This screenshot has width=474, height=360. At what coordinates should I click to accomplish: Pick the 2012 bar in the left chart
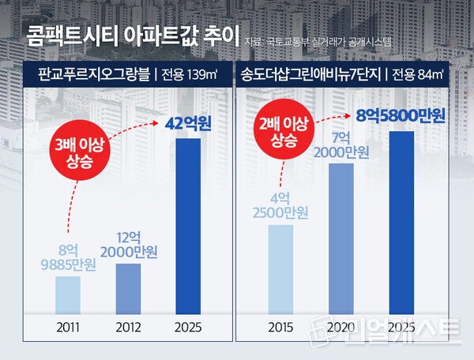click(x=129, y=287)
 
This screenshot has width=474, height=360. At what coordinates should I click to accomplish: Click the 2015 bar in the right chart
click(x=281, y=268)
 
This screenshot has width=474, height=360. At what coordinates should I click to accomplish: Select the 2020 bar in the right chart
click(x=341, y=238)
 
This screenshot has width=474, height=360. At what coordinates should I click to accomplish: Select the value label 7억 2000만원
click(x=341, y=144)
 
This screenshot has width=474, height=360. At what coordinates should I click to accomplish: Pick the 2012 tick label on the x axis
click(x=129, y=325)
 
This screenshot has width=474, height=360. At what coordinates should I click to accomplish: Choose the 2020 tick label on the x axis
click(x=341, y=325)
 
